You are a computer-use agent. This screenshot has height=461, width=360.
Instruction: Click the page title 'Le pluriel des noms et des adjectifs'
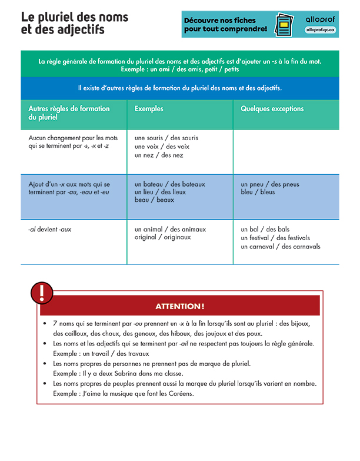click(x=74, y=23)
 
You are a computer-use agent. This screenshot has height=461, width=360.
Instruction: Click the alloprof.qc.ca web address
click(x=321, y=29)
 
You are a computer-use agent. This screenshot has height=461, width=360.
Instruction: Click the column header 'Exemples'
click(x=149, y=109)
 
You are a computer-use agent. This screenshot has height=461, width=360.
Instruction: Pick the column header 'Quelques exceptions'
click(x=272, y=109)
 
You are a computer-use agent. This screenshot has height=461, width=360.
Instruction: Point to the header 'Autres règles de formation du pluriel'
click(x=69, y=113)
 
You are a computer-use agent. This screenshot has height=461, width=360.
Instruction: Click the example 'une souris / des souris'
click(x=166, y=138)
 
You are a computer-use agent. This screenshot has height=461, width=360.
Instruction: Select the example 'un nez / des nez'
click(x=159, y=155)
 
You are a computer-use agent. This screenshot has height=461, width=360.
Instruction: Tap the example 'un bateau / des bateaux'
click(x=170, y=184)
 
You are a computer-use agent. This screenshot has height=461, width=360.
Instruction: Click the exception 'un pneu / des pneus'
click(x=270, y=184)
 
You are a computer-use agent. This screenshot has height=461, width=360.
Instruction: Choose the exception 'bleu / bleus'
click(x=258, y=192)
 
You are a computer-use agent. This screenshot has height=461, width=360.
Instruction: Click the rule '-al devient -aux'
click(x=50, y=229)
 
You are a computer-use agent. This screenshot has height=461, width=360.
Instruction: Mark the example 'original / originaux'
click(x=163, y=237)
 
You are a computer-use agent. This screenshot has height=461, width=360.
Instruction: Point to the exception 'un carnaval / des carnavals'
click(x=281, y=247)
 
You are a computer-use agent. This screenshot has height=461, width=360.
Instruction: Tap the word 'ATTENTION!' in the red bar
click(x=180, y=306)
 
